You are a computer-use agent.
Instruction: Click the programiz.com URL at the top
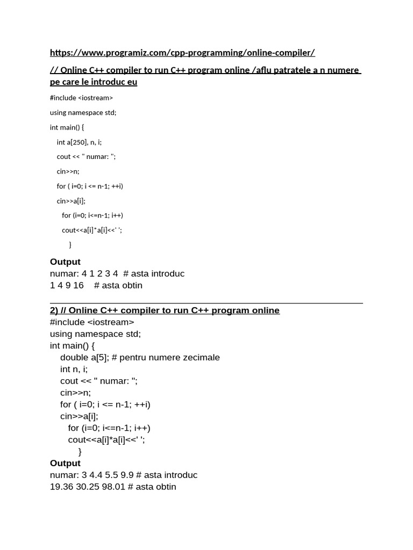[182, 53]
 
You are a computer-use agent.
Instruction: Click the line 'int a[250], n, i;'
[79, 142]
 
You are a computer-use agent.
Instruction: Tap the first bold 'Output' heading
[65, 262]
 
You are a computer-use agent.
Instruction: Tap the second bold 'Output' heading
[65, 463]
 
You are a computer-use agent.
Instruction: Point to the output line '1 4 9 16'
[67, 285]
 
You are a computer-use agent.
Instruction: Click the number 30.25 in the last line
[87, 487]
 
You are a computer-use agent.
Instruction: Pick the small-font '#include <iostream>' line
[81, 98]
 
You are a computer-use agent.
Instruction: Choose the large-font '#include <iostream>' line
[92, 322]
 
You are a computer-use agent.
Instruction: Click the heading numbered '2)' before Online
[54, 310]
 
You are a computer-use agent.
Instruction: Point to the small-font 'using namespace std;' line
[83, 112]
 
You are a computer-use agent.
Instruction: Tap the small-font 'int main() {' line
[67, 127]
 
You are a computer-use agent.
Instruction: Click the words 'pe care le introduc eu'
[94, 82]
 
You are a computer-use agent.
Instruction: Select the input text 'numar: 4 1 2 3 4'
[84, 273]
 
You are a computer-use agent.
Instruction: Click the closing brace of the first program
[70, 245]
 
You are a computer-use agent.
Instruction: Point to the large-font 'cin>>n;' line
[75, 393]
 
